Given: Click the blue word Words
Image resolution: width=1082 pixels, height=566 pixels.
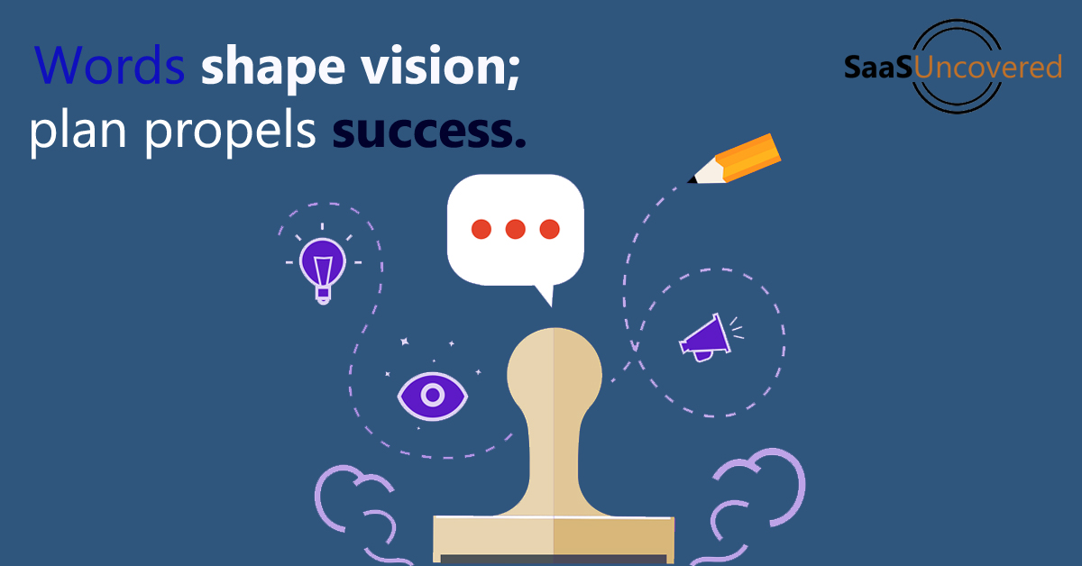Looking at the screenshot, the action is (110, 65).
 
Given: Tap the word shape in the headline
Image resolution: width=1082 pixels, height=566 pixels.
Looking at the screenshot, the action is (273, 68).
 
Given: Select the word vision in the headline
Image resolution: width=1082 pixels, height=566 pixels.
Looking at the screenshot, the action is (433, 65).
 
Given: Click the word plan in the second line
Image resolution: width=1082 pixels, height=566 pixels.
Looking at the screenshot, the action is (78, 132).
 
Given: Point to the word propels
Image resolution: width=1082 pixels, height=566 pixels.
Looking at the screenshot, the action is (231, 132).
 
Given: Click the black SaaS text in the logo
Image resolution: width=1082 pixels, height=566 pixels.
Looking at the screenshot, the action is (878, 67).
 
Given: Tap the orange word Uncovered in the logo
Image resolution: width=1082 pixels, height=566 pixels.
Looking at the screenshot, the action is (988, 67).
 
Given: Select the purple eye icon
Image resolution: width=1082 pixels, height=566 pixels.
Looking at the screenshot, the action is (432, 396).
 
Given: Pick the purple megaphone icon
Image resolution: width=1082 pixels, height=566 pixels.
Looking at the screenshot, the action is (705, 338).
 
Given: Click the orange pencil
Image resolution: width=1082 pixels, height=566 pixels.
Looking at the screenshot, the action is (734, 160).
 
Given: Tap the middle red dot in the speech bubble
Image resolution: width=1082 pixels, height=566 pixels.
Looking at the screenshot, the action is (516, 229).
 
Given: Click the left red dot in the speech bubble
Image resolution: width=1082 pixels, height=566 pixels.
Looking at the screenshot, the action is (481, 229).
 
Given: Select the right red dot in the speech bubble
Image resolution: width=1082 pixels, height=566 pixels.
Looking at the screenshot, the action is (550, 229).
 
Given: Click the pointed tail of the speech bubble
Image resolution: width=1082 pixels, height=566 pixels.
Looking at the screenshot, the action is (546, 294).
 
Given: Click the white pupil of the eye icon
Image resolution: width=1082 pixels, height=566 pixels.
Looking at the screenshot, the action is (433, 395).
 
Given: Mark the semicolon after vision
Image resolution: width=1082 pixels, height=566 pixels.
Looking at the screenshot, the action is (514, 71).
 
